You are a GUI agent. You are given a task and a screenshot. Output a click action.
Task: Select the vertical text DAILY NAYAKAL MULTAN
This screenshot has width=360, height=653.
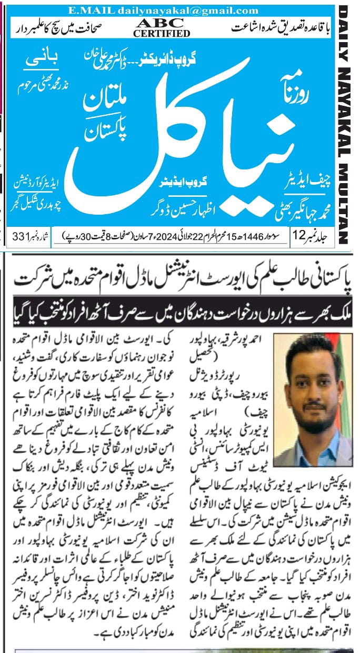click(345, 124)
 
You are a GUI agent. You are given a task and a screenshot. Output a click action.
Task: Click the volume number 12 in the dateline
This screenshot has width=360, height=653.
click(298, 237)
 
